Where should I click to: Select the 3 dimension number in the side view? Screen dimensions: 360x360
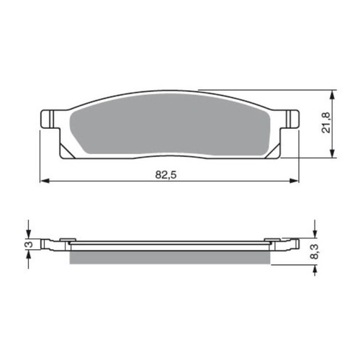point(28,246)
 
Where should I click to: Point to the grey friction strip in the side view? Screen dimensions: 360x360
point(171,256)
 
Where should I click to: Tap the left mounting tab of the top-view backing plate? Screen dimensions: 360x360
point(48,117)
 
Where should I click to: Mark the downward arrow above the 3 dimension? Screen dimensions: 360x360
point(28,231)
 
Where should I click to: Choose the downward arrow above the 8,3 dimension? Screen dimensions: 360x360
point(315,232)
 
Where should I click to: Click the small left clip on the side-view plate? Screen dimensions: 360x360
point(66,241)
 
